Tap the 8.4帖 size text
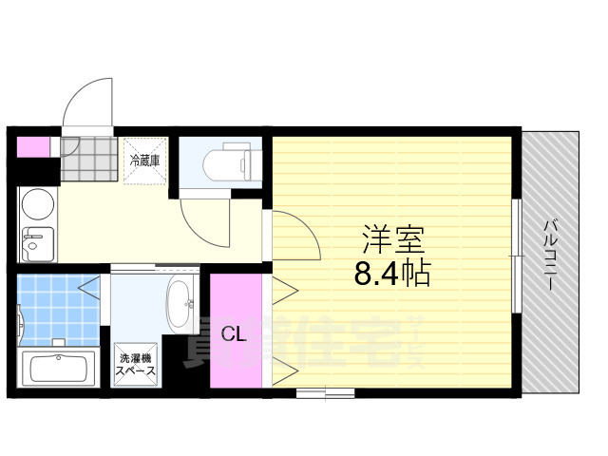pyautogui.click(x=392, y=274)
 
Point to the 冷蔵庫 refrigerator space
pyautogui.click(x=145, y=160)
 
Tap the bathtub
pyautogui.click(x=57, y=368)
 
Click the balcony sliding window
pyautogui.click(x=516, y=255)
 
